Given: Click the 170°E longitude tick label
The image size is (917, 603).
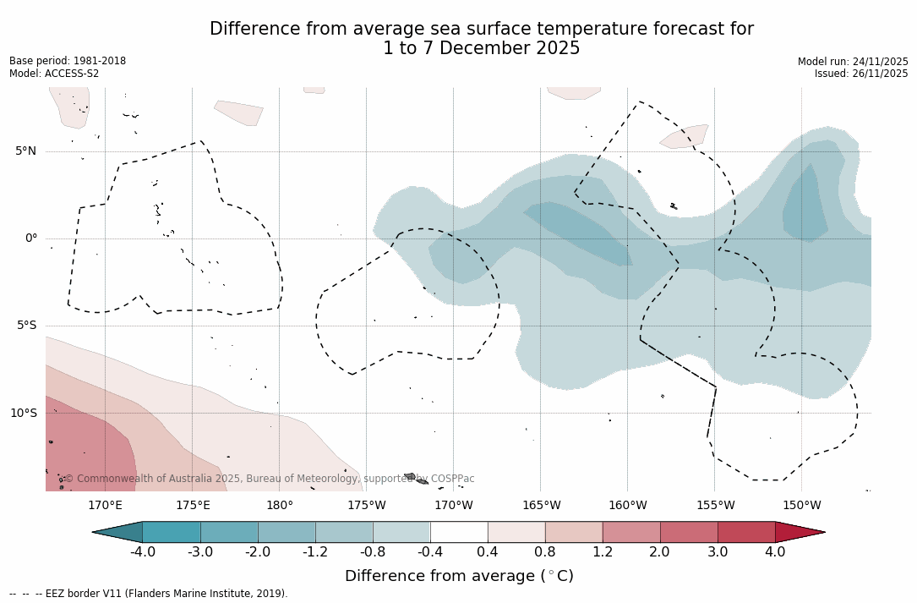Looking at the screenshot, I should click(105, 506).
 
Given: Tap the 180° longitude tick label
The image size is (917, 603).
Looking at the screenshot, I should click(279, 506).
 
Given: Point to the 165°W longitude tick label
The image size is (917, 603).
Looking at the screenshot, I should click(541, 506).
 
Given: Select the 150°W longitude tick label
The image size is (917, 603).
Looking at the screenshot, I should click(801, 506).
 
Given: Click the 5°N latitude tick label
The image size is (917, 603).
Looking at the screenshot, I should click(25, 151).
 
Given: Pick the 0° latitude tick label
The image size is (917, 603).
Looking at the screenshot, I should click(30, 238).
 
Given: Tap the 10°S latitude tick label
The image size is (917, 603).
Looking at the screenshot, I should click(23, 414).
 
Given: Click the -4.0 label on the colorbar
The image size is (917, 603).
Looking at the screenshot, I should click(143, 552).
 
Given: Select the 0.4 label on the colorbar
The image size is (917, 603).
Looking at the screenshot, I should click(488, 552).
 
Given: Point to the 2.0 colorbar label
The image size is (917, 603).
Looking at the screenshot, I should click(659, 552).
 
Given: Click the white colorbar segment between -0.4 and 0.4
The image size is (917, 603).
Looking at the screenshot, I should click(459, 532).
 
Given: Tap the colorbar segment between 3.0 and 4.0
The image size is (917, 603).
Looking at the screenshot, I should click(746, 532).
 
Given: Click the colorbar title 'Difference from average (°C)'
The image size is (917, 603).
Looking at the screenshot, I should click(459, 576).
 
